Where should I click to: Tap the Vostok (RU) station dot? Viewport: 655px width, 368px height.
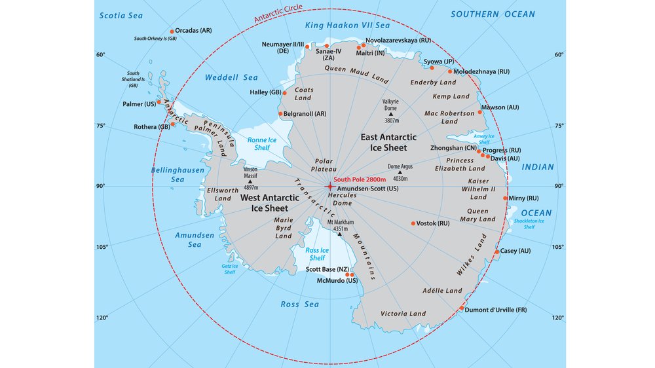[413, 223]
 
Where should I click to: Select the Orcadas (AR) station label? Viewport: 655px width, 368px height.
[194, 31]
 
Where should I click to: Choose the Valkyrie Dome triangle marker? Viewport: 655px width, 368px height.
[390, 115]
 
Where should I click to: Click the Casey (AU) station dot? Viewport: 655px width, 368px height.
[497, 251]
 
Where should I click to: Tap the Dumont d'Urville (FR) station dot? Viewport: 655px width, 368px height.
[462, 308]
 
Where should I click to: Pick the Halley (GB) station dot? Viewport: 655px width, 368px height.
[285, 92]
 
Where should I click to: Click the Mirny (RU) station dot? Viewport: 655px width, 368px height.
[505, 198]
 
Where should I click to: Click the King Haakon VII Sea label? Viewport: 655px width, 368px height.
[347, 26]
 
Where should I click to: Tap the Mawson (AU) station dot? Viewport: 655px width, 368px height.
[481, 112]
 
